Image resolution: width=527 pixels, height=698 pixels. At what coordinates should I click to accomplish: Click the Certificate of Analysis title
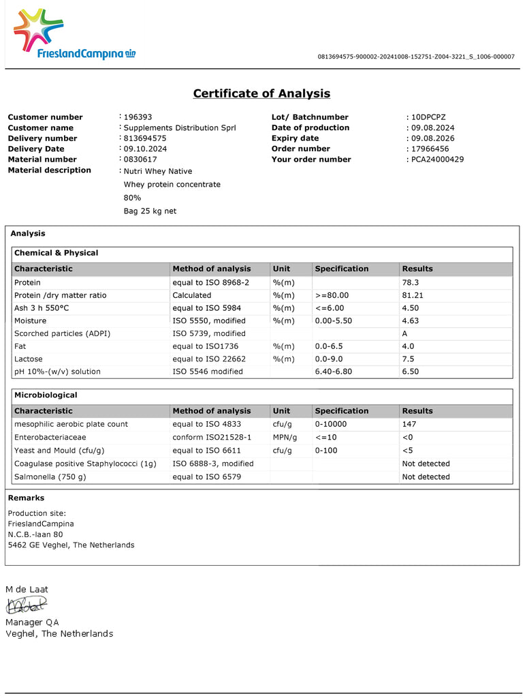coord(261,93)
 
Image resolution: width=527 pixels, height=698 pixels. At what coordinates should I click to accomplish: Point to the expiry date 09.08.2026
coord(432,138)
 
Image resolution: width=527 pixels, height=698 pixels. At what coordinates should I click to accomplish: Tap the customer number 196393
coord(138,117)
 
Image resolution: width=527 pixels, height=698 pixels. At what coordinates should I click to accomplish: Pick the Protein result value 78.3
coord(410,282)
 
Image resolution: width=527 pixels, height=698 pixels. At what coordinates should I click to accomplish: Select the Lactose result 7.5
coord(408,359)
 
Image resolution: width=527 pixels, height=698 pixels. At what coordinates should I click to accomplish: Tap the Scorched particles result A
coord(405,334)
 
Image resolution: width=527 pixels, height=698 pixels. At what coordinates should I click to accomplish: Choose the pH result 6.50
coord(410,372)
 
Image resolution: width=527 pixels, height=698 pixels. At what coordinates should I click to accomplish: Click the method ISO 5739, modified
coord(208,334)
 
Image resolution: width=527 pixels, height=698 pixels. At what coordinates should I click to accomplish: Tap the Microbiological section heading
coord(46,395)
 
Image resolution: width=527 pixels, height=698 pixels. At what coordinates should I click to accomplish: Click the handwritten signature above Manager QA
coord(27,604)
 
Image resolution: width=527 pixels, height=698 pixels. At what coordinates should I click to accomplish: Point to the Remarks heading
coord(26,498)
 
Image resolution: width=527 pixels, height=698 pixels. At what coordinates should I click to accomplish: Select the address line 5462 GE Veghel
coord(71,545)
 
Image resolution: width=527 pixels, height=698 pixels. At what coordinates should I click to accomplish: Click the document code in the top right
coord(416,57)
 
